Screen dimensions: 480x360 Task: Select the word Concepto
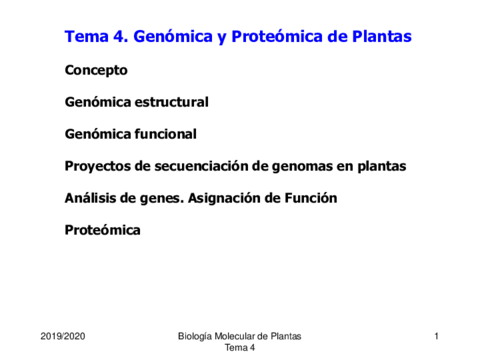[x=96, y=71]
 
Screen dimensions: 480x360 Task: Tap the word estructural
[x=171, y=102]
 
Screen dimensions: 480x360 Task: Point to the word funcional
[x=165, y=134]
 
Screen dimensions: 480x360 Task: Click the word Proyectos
[x=98, y=167]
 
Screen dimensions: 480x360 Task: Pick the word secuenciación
[x=200, y=166]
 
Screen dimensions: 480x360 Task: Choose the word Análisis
[x=90, y=198]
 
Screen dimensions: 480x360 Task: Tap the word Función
[x=311, y=198]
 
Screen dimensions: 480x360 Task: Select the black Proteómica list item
[x=103, y=230]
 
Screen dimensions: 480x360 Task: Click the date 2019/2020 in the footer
[x=63, y=336]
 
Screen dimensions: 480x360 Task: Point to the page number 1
[x=436, y=336]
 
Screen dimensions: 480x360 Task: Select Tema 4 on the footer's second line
[x=240, y=348]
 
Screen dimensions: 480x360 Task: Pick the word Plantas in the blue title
[x=382, y=36]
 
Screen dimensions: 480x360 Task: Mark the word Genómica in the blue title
[x=173, y=36]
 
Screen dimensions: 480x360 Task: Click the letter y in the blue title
[x=222, y=38]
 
